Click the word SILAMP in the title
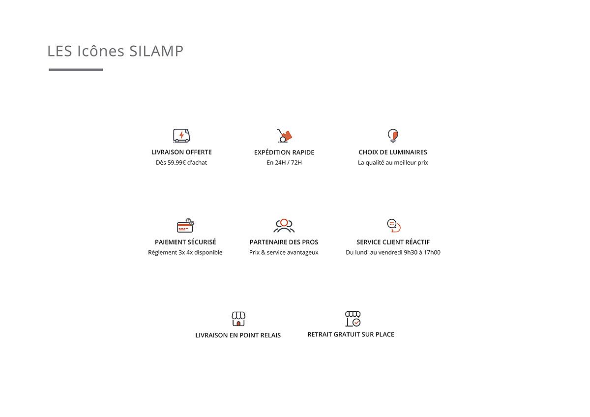pos(156,51)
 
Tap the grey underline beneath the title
pos(76,69)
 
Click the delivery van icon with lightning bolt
pos(181,135)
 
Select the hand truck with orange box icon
pos(284,135)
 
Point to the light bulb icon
pos(393,135)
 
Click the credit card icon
pos(185,226)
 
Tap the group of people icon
pos(284,226)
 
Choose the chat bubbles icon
pos(393,226)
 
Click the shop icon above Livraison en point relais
pos(238,319)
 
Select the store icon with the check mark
pos(353,319)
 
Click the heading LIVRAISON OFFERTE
pos(181,152)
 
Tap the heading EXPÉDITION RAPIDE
pos(284,152)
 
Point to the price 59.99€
pos(177,163)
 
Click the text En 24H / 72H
pos(284,163)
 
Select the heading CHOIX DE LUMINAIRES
pos(393,152)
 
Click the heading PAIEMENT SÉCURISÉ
pos(185,242)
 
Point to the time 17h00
pos(432,252)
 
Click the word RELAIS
pos(270,335)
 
